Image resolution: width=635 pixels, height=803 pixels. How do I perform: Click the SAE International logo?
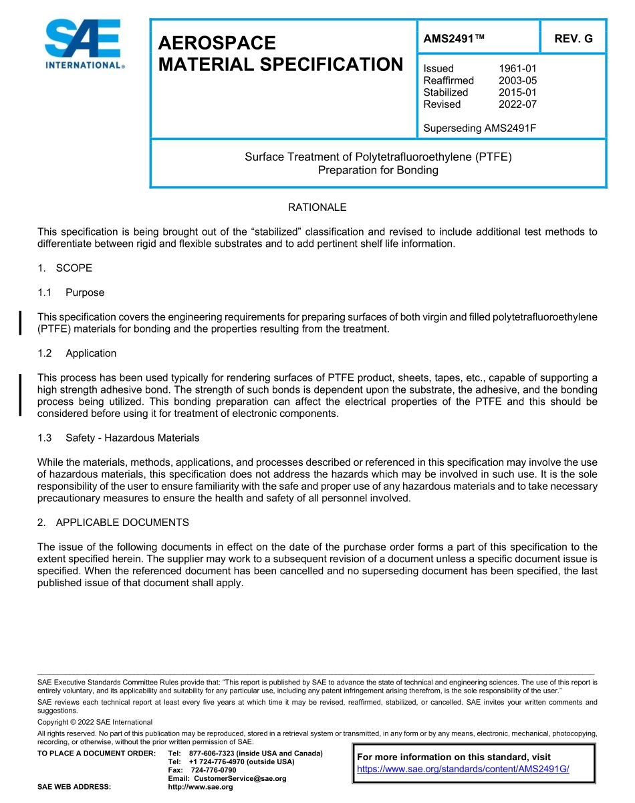click(84, 44)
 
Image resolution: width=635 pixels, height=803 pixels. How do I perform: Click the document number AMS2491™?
click(453, 39)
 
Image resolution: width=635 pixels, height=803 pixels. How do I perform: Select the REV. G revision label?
click(573, 39)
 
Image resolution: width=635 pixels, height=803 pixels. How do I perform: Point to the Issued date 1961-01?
click(517, 68)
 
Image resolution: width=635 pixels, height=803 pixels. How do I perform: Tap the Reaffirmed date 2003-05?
click(517, 80)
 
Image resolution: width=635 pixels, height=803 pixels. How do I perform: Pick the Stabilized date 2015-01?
click(517, 92)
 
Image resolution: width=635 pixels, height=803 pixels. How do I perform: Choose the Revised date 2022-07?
click(517, 104)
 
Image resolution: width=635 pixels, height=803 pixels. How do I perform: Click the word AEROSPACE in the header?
click(217, 43)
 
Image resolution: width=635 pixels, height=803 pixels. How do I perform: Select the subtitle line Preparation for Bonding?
click(378, 170)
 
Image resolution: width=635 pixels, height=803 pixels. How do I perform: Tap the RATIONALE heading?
click(317, 207)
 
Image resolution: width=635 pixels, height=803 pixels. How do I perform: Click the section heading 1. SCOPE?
click(65, 268)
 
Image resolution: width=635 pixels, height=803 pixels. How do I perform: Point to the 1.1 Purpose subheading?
click(71, 292)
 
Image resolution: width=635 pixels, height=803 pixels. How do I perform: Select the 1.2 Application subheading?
click(77, 353)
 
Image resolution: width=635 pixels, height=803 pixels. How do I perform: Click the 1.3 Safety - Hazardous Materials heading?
click(118, 438)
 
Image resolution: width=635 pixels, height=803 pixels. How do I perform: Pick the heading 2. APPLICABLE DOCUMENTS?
click(113, 523)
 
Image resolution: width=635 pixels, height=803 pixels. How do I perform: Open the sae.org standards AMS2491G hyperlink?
click(463, 770)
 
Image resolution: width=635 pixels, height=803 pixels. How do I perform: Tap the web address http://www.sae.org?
click(200, 787)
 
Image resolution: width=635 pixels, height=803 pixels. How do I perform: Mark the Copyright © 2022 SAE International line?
click(95, 722)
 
